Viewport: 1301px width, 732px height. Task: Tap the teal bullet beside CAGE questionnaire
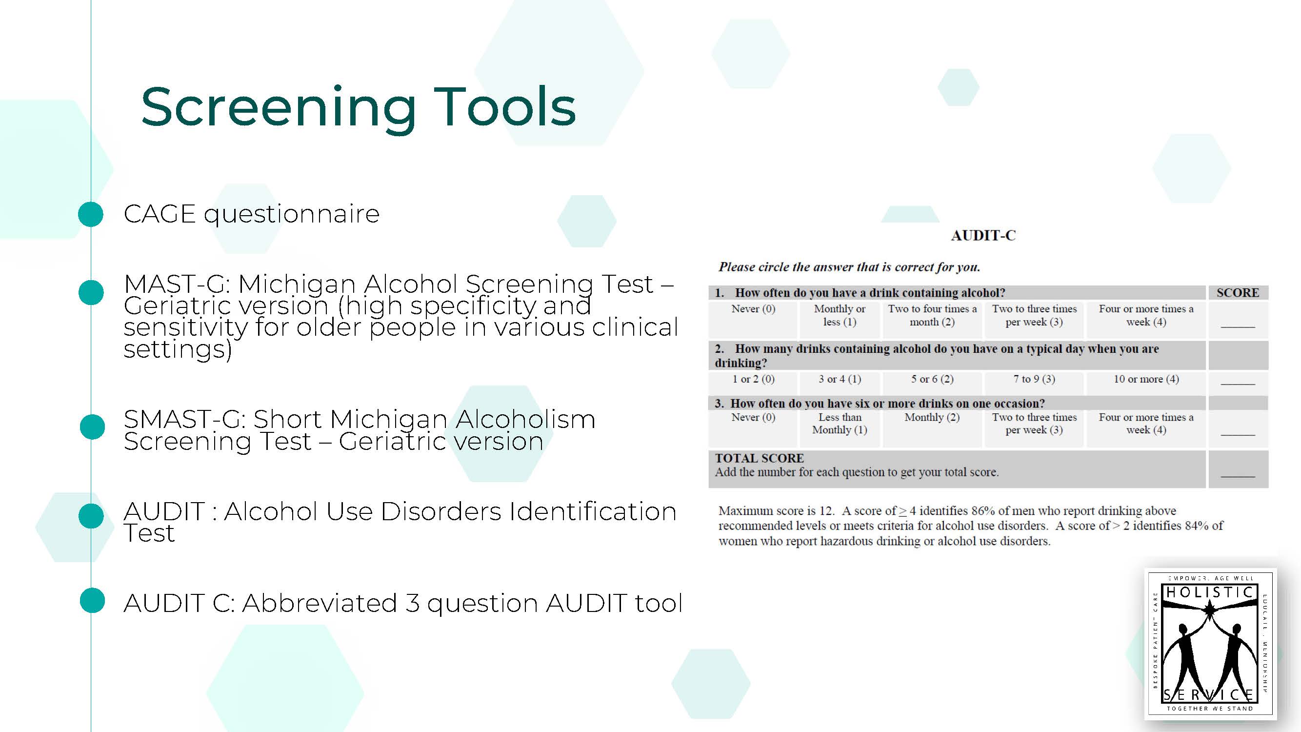click(91, 214)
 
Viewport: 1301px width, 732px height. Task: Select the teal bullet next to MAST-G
click(91, 292)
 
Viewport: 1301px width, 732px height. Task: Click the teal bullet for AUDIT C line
click(92, 601)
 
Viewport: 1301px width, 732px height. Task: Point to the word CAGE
click(160, 214)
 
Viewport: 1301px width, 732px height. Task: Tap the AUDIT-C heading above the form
click(983, 235)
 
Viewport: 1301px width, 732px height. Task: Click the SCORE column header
click(1238, 292)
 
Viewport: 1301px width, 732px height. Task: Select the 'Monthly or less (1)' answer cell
click(840, 315)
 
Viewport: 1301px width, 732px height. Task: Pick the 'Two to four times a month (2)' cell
click(932, 315)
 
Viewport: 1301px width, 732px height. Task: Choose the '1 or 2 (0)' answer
click(753, 379)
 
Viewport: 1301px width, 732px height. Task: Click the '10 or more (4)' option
click(1146, 379)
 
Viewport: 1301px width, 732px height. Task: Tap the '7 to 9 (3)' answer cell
click(1034, 379)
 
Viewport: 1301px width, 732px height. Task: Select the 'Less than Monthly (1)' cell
click(840, 423)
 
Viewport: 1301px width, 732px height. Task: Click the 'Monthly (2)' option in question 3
click(932, 417)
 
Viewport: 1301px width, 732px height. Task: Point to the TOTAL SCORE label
click(759, 458)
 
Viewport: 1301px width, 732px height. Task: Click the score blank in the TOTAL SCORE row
click(1238, 476)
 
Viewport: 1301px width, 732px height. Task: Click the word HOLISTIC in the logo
click(1210, 592)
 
